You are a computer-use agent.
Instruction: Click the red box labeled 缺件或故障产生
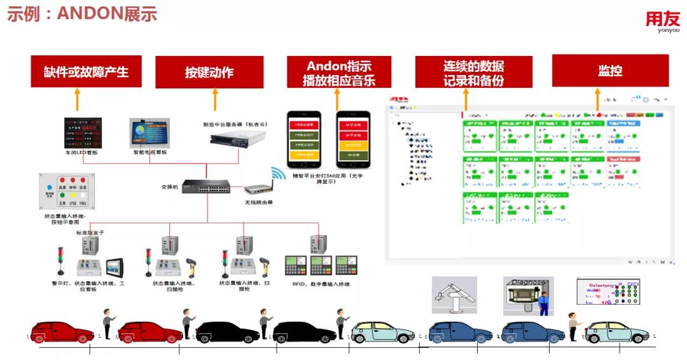click(x=86, y=72)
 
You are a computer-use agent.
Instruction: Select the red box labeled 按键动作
click(x=209, y=72)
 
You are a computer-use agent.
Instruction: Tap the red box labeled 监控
click(x=610, y=71)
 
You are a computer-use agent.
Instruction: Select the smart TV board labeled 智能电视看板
click(x=150, y=132)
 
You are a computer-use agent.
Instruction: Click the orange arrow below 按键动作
click(x=214, y=100)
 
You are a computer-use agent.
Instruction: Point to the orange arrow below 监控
click(x=597, y=100)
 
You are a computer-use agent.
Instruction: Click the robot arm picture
click(x=454, y=294)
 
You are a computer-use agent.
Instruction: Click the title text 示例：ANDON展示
click(x=82, y=14)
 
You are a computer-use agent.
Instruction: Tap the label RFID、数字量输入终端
click(x=321, y=284)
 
